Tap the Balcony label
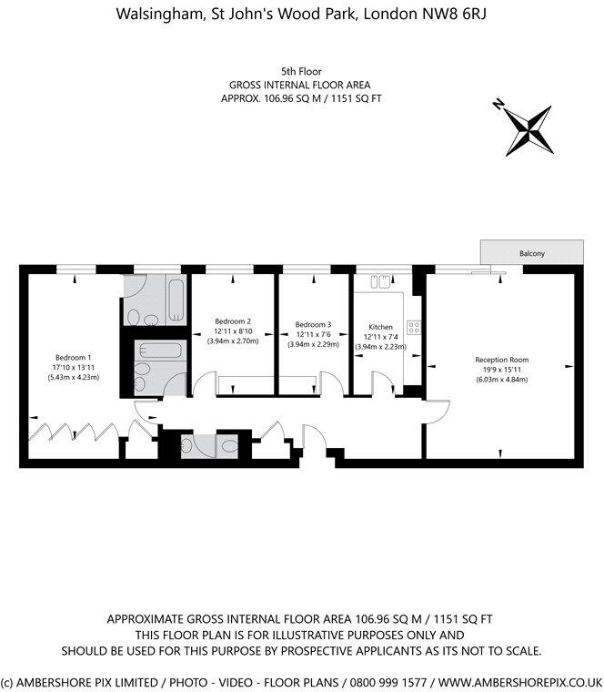pyautogui.click(x=532, y=253)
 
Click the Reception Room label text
pyautogui.click(x=501, y=360)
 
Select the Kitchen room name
pyautogui.click(x=379, y=326)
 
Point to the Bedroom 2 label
pyautogui.click(x=232, y=321)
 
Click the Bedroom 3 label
pyautogui.click(x=313, y=324)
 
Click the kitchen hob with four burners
pyautogui.click(x=413, y=326)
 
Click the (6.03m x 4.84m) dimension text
pyautogui.click(x=501, y=380)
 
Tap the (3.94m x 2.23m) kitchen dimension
pyautogui.click(x=379, y=346)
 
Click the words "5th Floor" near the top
pyautogui.click(x=301, y=70)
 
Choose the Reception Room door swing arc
pyautogui.click(x=438, y=408)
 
